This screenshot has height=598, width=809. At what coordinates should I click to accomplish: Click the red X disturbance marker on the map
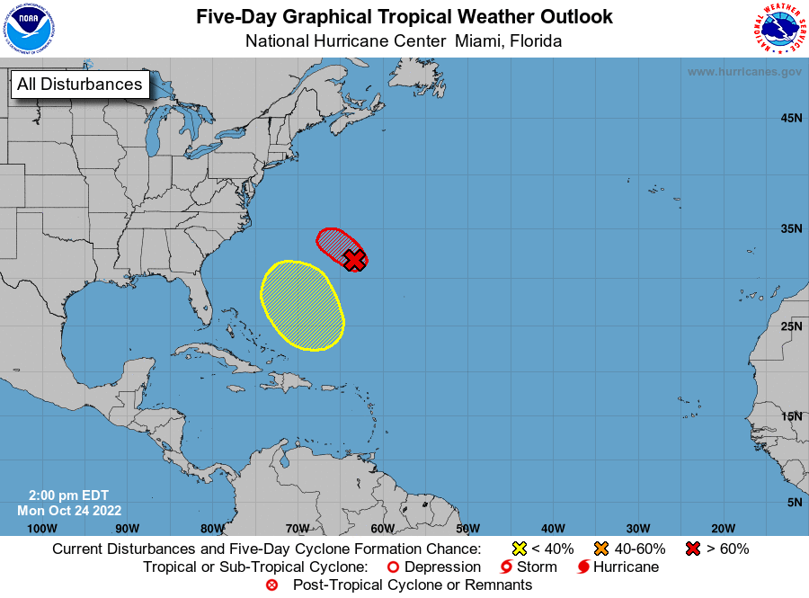click(355, 260)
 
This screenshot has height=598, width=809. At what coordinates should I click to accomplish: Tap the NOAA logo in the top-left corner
click(28, 29)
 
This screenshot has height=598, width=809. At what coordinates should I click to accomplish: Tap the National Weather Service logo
click(779, 29)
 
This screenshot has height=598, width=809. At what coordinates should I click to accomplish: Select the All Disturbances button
click(79, 85)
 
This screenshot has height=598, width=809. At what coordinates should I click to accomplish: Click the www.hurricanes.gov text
click(744, 72)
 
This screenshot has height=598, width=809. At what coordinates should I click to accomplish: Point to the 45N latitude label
click(791, 118)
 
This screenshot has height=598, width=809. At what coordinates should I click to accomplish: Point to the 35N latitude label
click(791, 228)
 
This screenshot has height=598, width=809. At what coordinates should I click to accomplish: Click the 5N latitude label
click(795, 502)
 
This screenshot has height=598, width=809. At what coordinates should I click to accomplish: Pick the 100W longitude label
click(41, 528)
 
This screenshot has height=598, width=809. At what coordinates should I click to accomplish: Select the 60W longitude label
click(382, 528)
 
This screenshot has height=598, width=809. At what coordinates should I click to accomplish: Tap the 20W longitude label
click(723, 528)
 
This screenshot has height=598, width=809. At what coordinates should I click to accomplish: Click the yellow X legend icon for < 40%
click(519, 549)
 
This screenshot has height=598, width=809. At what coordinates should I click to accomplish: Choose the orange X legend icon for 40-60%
click(601, 549)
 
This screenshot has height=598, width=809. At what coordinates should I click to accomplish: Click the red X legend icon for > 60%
click(692, 549)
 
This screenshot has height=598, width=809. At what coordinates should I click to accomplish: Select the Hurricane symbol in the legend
click(583, 567)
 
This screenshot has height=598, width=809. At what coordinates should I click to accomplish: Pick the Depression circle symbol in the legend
click(392, 567)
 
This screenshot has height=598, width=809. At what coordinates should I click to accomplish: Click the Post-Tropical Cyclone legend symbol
click(272, 585)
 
